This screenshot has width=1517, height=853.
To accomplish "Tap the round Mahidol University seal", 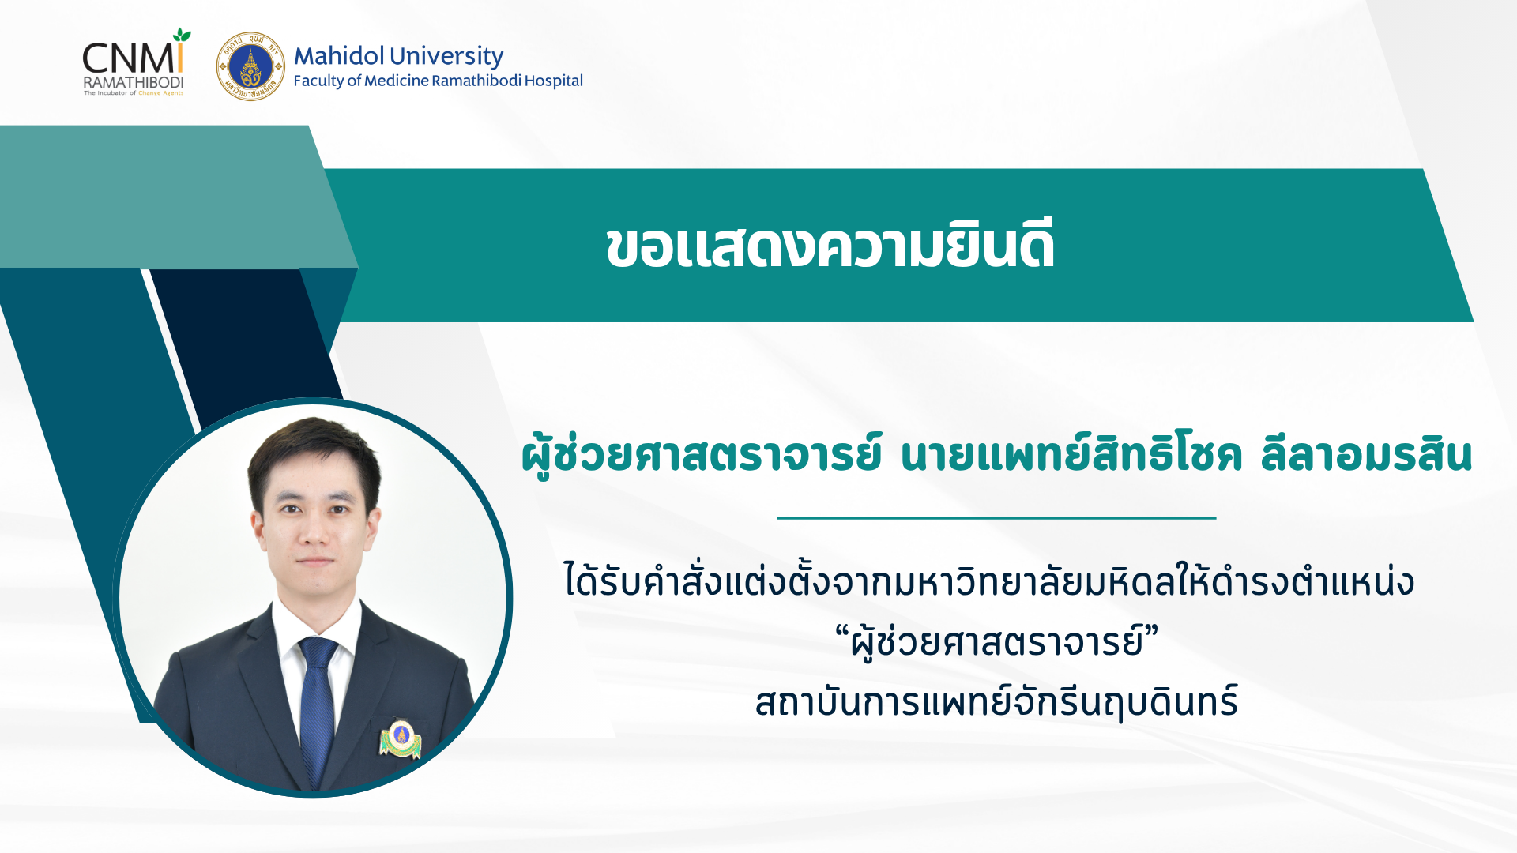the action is click(x=250, y=66).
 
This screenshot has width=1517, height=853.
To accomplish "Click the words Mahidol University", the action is click(x=398, y=56).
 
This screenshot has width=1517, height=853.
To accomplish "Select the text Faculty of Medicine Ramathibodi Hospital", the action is click(x=438, y=81).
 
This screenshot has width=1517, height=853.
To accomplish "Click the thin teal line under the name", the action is click(x=996, y=518).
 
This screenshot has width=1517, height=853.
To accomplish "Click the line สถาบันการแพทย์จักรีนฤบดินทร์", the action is click(x=996, y=701).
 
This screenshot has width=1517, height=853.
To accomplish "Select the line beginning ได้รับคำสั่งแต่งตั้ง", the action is click(x=989, y=581).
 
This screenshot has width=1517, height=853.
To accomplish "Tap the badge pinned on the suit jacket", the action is click(x=401, y=738).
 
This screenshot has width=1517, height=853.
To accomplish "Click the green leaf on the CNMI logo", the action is click(x=183, y=36).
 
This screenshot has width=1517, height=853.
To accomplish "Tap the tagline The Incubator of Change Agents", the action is click(x=134, y=93).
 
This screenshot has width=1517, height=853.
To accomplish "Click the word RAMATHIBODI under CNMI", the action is click(x=134, y=82).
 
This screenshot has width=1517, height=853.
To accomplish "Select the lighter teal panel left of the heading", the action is click(x=166, y=197).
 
